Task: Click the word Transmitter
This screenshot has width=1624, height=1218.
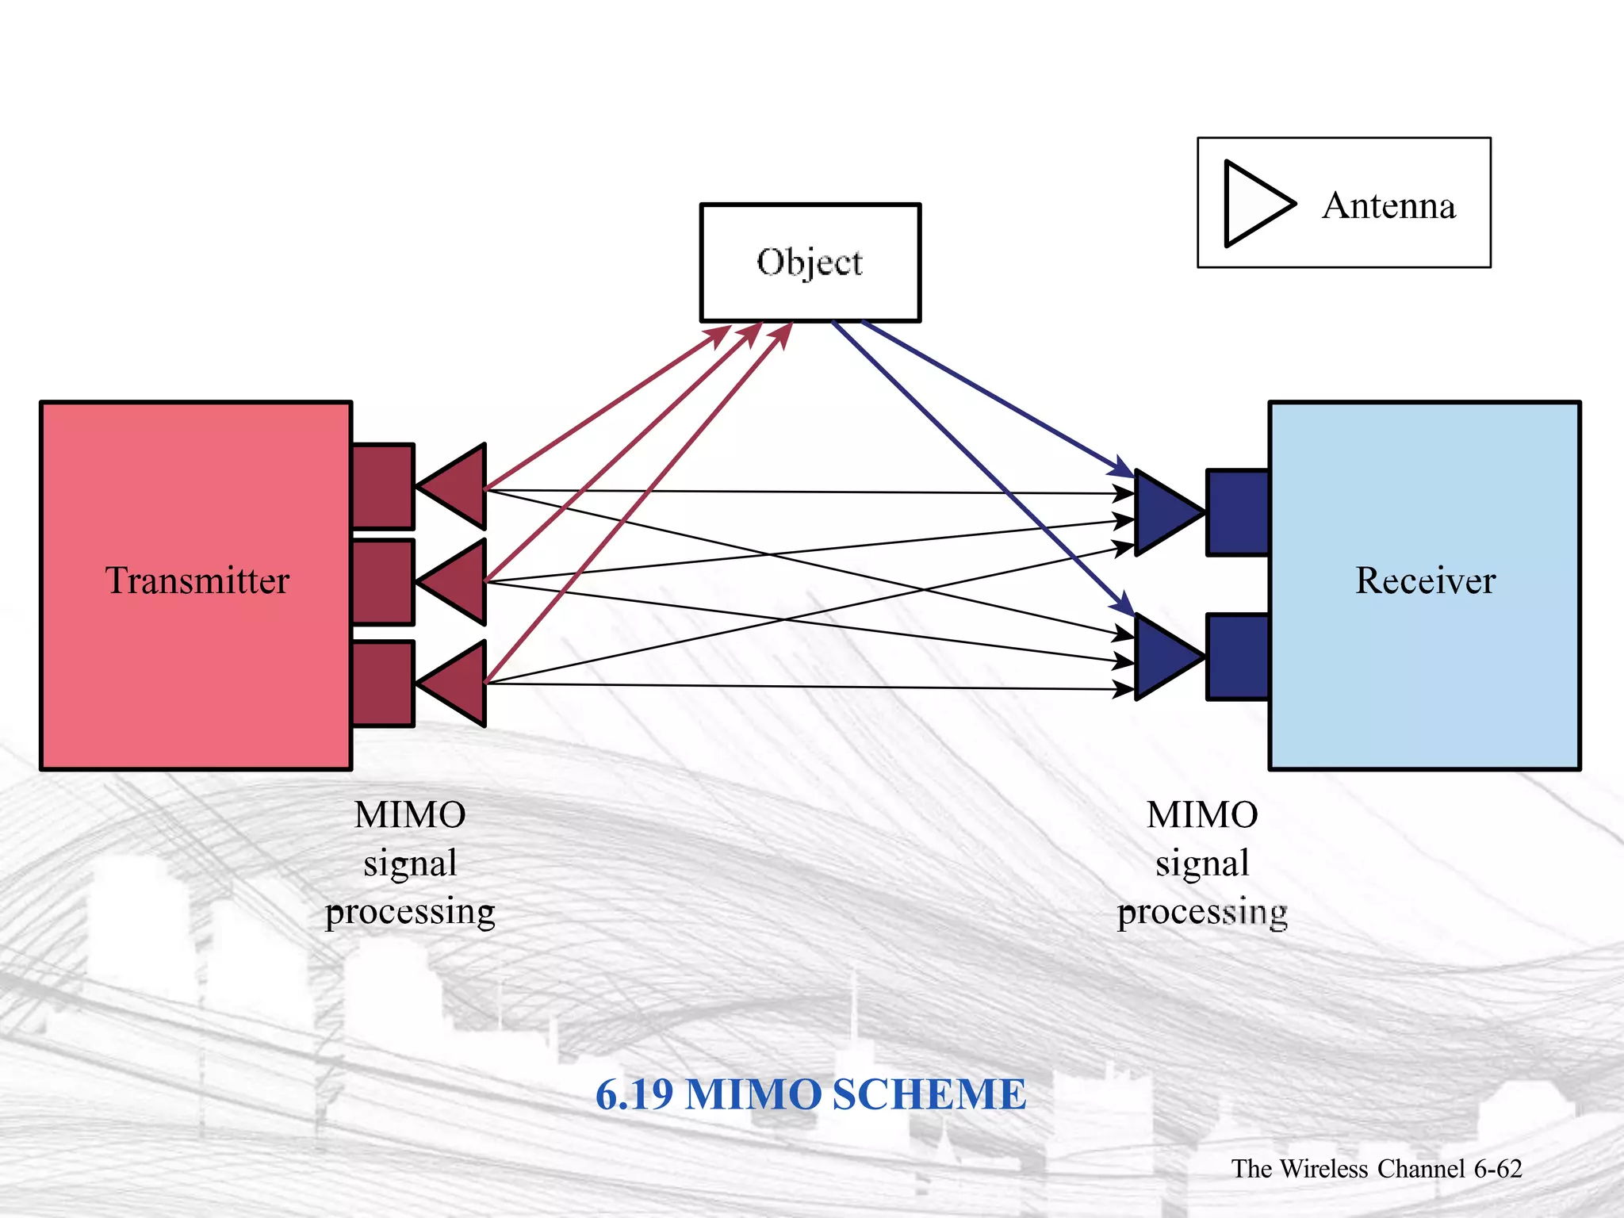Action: (197, 580)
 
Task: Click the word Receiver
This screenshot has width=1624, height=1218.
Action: (1425, 580)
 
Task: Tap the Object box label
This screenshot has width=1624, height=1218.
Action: (810, 262)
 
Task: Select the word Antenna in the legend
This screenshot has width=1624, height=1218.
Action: (1388, 206)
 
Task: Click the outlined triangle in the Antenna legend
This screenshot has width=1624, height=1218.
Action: (1253, 204)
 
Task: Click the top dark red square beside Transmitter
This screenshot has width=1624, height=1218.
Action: (383, 486)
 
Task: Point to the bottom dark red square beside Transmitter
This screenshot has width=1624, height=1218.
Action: (383, 684)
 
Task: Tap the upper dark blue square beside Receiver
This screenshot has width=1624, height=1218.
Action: (1238, 513)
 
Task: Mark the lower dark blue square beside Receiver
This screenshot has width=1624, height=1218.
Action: (1238, 657)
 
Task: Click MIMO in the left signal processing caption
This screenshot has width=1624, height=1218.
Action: (410, 815)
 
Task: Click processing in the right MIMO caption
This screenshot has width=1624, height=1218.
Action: (1202, 912)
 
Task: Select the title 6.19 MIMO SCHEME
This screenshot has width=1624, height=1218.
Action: (810, 1094)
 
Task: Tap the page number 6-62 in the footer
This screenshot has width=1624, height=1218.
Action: (1498, 1169)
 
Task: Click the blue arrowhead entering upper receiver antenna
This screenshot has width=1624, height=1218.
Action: (1124, 468)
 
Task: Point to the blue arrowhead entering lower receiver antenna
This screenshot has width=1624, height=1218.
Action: (1124, 605)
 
